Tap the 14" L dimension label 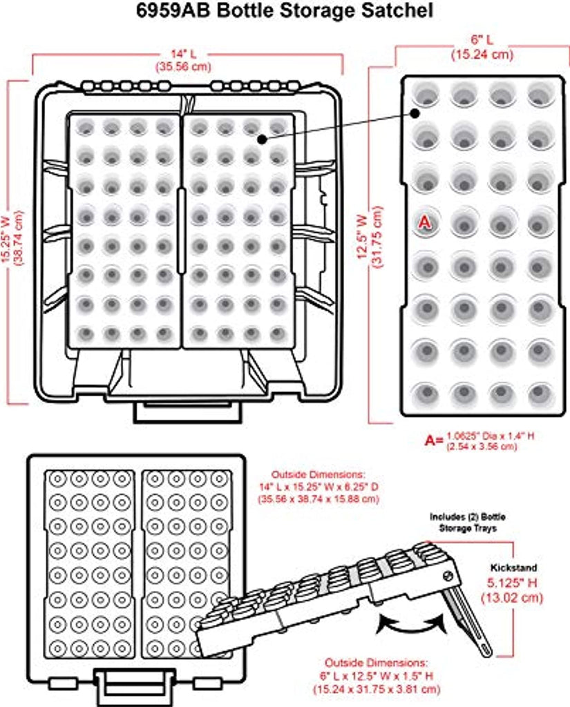tap(183, 54)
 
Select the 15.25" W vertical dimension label tap(6, 238)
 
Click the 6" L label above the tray tap(482, 39)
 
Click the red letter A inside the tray tap(424, 222)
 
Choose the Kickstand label tap(513, 568)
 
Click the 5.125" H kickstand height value tap(512, 583)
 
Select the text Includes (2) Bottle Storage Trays tap(468, 522)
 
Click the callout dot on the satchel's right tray tap(262, 139)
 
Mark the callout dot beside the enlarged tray tap(415, 113)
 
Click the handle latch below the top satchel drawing tap(188, 411)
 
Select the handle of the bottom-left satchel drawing tap(134, 688)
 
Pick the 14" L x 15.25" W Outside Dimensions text tap(319, 487)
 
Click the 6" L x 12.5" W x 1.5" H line tap(377, 676)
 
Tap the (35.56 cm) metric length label tap(183, 67)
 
